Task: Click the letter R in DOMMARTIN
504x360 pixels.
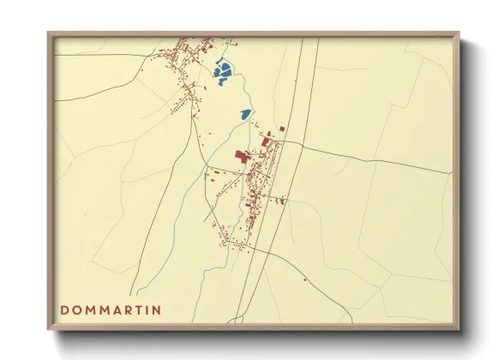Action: click(122, 309)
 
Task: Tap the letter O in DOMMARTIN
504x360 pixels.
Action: click(78, 309)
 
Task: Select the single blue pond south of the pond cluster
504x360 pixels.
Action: click(246, 113)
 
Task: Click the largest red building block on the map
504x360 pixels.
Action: click(243, 155)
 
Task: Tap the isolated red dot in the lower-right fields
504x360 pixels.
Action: click(304, 279)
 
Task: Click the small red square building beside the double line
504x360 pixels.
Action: click(281, 130)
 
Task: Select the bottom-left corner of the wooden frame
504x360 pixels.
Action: click(49, 328)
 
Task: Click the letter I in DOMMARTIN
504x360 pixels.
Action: click(145, 309)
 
